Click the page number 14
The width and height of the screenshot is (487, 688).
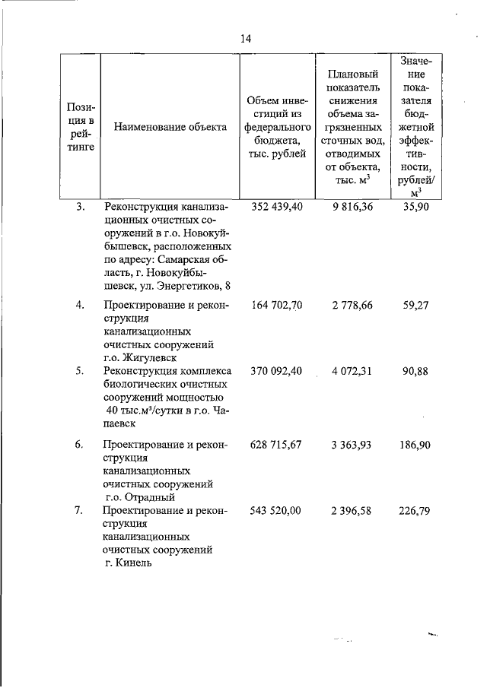coord(246,39)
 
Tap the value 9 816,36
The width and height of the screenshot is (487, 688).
coord(352,207)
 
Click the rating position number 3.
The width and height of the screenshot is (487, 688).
coord(80,207)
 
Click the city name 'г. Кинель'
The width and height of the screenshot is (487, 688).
coord(130,563)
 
